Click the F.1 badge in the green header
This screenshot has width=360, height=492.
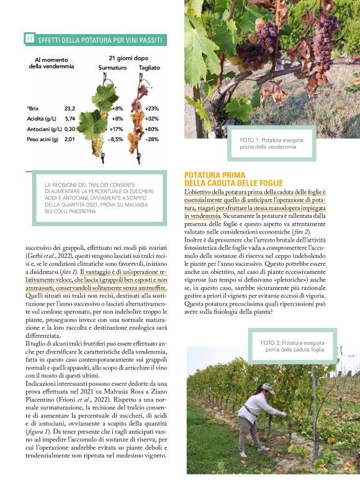29,39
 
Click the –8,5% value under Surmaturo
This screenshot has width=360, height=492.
115,139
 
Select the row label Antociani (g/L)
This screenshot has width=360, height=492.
43,129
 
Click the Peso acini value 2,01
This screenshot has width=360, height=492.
70,139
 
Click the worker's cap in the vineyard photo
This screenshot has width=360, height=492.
268,388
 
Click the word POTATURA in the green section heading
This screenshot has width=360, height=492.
207,175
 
